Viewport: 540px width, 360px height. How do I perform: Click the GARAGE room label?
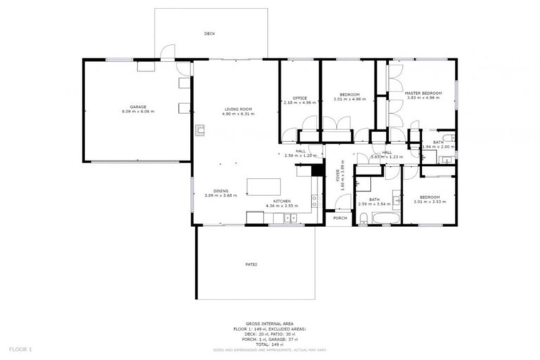click(137, 107)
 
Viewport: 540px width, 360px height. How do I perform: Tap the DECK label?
click(210, 34)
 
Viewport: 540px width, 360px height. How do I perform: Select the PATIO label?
click(252, 264)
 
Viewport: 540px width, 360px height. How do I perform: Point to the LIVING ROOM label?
click(238, 109)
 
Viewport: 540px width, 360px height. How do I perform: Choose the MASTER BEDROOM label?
click(423, 93)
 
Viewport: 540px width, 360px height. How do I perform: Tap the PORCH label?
click(340, 218)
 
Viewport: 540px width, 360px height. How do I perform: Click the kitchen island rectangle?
click(264, 186)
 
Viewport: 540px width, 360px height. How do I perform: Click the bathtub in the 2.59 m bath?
click(386, 218)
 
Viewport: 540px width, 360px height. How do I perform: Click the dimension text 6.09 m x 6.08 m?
click(137, 112)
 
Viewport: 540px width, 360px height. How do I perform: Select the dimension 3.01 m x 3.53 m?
click(430, 202)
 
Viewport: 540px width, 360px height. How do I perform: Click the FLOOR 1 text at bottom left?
click(21, 349)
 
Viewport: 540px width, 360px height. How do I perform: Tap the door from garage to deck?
click(167, 53)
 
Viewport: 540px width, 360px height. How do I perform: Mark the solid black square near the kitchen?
click(317, 169)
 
